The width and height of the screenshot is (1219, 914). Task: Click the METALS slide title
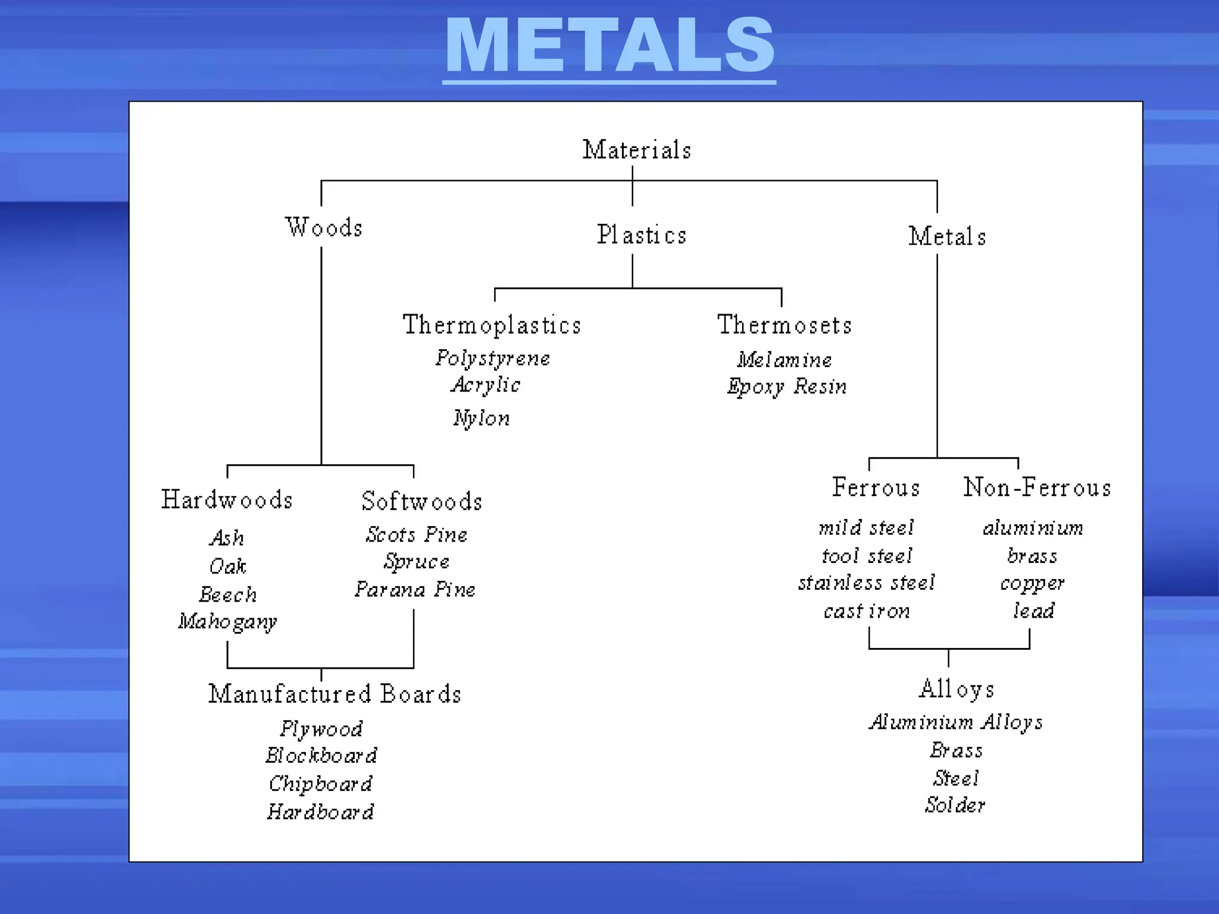(x=609, y=46)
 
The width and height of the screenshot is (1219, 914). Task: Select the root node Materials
(x=636, y=150)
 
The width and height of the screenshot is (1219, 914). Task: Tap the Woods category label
(x=324, y=227)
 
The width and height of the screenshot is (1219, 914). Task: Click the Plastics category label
(x=641, y=235)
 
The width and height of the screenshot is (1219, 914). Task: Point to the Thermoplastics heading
(x=492, y=325)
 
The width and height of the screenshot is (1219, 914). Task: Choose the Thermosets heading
(x=784, y=325)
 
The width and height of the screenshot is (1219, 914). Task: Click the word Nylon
(x=481, y=418)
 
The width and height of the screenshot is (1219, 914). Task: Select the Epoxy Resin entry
(x=786, y=387)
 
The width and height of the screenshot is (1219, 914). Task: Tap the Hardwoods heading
(x=227, y=500)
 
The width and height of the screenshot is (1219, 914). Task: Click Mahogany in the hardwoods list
(x=227, y=622)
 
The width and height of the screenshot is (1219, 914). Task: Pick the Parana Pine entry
(x=415, y=590)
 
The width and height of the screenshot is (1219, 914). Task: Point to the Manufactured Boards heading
(x=335, y=694)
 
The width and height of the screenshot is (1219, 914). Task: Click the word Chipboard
(x=320, y=784)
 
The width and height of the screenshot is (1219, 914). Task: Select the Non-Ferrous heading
(x=1037, y=488)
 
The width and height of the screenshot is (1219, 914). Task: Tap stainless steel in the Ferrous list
(x=866, y=583)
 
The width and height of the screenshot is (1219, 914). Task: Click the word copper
(x=1032, y=583)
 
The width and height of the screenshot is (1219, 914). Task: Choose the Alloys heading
(x=956, y=689)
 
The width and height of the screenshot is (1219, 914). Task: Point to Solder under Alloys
(x=955, y=805)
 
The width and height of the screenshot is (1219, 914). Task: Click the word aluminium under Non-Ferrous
(x=1033, y=528)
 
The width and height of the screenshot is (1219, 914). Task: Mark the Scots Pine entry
(x=416, y=534)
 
